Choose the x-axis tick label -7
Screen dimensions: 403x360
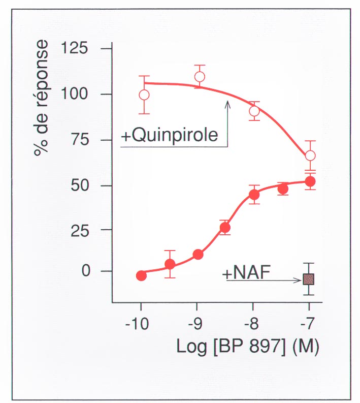[308, 324]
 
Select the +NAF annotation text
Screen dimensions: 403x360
[246, 273]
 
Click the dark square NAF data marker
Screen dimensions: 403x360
[309, 279]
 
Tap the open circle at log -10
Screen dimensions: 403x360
[144, 95]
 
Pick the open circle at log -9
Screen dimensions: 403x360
[200, 77]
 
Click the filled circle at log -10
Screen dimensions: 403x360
[141, 275]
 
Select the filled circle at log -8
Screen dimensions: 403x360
[254, 195]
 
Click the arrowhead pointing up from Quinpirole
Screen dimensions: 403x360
[227, 103]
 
